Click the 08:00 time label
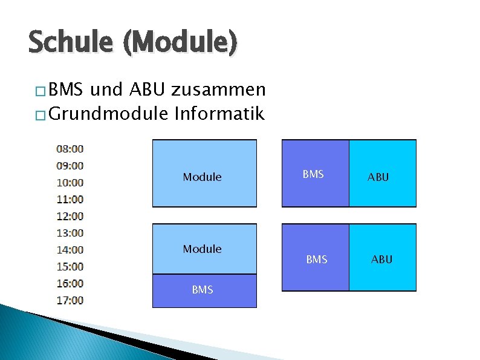point(70,148)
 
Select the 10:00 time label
point(70,182)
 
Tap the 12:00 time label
point(70,216)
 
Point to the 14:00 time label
point(70,249)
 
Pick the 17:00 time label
point(70,300)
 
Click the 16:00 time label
point(70,283)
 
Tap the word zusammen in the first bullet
point(218,90)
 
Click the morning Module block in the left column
point(204,174)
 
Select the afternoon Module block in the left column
point(204,249)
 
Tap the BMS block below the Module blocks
point(204,290)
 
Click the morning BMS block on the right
point(316,174)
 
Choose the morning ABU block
point(383,174)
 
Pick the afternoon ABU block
point(383,257)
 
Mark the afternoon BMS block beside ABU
point(316,257)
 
